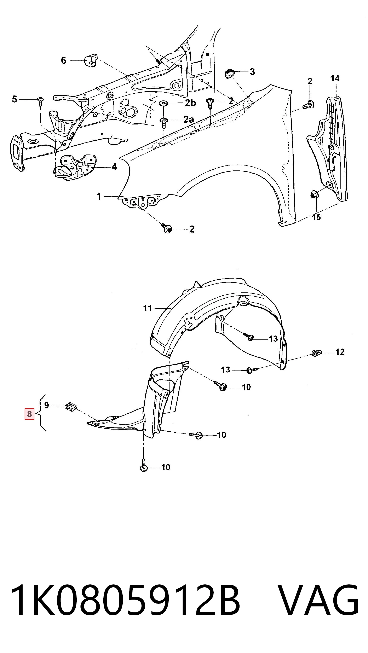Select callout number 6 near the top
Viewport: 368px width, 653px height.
point(63,61)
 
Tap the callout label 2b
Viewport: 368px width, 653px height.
point(190,103)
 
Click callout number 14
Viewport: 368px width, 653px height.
point(335,78)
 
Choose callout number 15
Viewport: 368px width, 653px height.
point(316,217)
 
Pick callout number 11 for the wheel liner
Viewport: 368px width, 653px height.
point(147,308)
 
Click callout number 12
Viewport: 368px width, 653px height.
point(340,352)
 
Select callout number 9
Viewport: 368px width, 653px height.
point(47,405)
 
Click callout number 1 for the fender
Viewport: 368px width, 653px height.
point(99,197)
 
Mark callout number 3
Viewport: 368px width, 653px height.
point(252,72)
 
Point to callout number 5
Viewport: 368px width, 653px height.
point(15,99)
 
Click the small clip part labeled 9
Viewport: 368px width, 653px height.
point(71,406)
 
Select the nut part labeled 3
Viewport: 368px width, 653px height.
point(230,74)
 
